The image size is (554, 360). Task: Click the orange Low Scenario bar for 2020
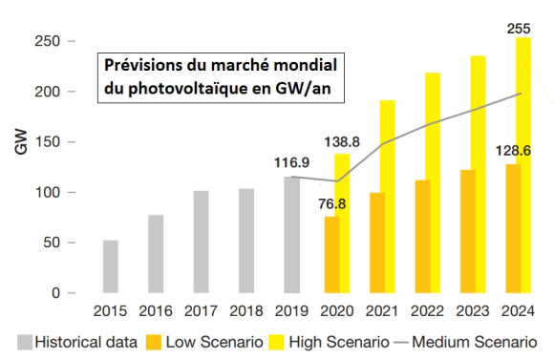pyautogui.click(x=331, y=255)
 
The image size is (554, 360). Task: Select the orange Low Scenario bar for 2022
pyautogui.click(x=423, y=237)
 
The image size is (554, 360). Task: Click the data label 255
pyautogui.click(x=519, y=29)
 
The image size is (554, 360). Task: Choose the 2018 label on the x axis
pyautogui.click(x=246, y=311)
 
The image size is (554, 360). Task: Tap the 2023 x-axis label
pyautogui.click(x=471, y=311)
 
